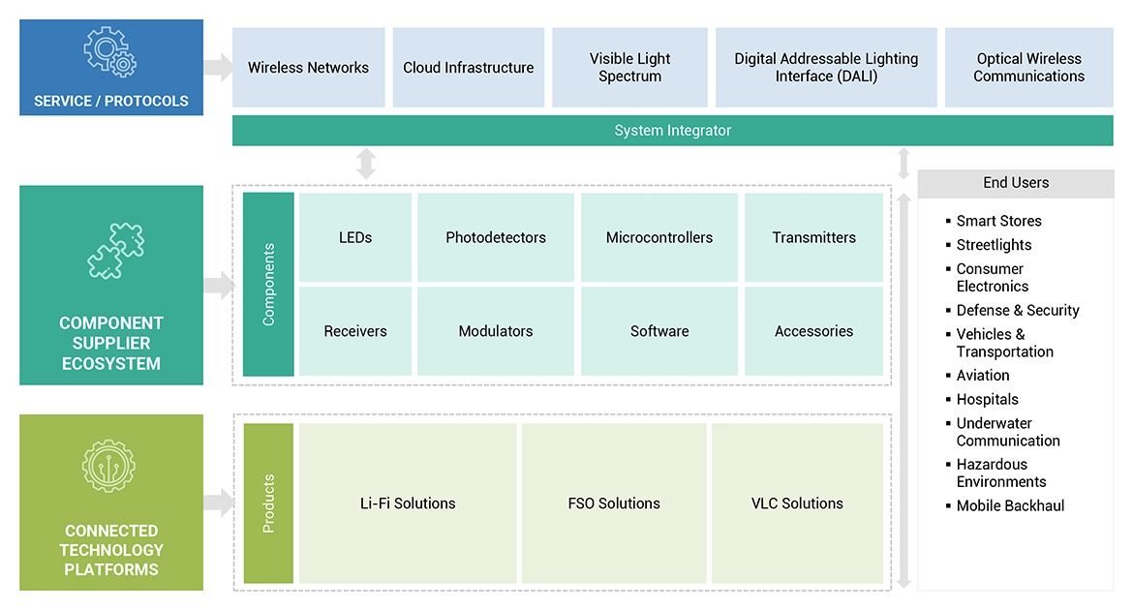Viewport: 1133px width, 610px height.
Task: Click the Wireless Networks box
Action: click(308, 68)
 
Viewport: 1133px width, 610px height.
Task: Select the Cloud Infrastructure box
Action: click(469, 68)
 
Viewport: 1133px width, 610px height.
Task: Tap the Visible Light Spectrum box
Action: click(629, 68)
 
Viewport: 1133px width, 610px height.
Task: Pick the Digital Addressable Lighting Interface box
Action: click(826, 68)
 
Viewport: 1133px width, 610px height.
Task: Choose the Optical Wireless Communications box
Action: click(1028, 68)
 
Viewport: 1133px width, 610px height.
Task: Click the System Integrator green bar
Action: click(672, 131)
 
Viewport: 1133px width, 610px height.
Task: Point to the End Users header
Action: click(1015, 183)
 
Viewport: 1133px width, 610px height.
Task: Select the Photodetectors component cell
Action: click(496, 237)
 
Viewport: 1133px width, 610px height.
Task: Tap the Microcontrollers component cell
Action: click(659, 237)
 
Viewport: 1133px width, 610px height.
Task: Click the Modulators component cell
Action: click(496, 331)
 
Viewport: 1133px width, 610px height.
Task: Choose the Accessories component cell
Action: click(813, 331)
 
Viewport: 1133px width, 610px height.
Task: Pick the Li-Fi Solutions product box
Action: click(408, 503)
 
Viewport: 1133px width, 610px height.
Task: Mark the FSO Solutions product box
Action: click(614, 503)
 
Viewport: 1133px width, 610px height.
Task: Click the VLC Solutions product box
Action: click(797, 503)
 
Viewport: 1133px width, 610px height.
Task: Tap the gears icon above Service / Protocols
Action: click(110, 53)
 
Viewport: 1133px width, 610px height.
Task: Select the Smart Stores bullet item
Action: click(998, 221)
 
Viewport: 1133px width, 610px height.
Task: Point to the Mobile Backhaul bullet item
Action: click(1010, 505)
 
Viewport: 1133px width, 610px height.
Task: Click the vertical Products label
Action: click(268, 503)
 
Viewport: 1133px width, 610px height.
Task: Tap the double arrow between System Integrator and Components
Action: click(366, 164)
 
